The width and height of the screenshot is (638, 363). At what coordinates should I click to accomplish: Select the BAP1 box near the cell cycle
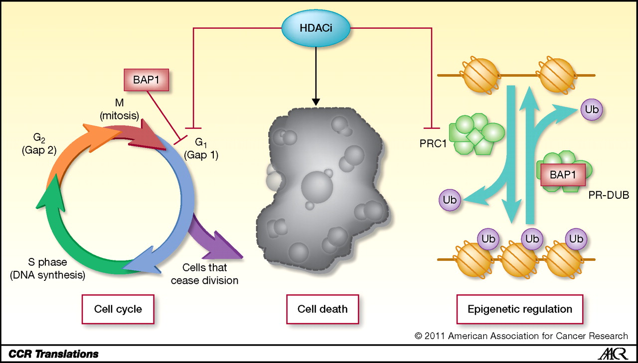[146, 80]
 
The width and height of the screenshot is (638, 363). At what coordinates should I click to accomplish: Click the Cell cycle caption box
[118, 309]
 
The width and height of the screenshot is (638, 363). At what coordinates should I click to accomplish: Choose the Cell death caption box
[322, 309]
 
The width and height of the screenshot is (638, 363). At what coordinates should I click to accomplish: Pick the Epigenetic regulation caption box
[520, 309]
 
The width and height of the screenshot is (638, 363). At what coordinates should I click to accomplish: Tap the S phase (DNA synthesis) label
[47, 268]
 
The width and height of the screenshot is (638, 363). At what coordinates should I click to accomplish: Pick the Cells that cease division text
[204, 274]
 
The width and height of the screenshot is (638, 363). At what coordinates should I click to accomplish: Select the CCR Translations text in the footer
[53, 354]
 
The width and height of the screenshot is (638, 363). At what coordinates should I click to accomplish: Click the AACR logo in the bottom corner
[612, 354]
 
